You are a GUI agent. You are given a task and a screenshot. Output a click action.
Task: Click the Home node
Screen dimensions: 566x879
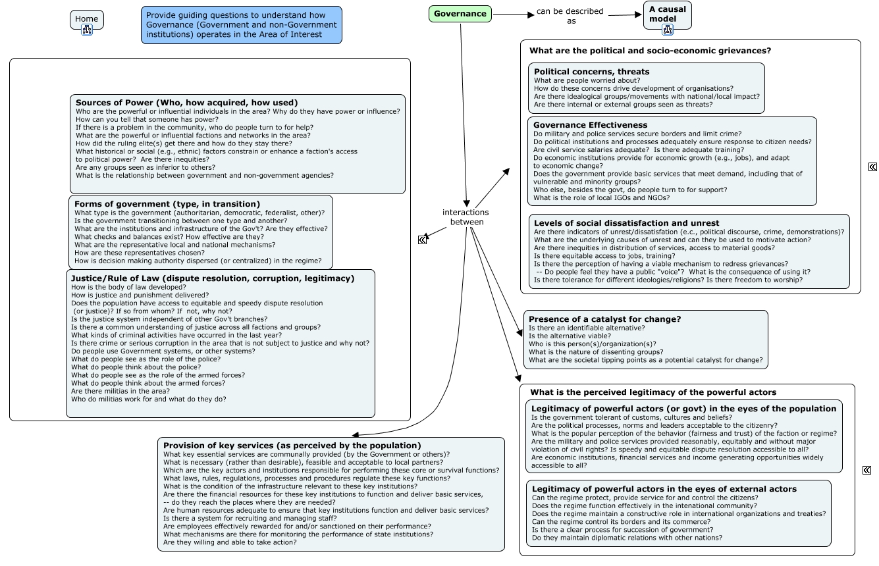[86, 19]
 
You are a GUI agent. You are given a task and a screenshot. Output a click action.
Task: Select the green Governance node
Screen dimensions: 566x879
[460, 13]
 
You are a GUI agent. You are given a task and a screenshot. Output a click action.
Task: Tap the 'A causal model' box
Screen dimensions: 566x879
[667, 14]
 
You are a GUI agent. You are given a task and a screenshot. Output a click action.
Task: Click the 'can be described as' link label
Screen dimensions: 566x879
[570, 16]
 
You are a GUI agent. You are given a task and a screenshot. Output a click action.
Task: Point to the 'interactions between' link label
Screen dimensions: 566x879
[466, 217]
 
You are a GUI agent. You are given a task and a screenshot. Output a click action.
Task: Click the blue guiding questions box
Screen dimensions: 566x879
[241, 25]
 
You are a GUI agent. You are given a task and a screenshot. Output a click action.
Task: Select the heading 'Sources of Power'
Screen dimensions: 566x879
[186, 103]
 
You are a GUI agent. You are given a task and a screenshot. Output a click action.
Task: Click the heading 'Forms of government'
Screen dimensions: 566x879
[167, 204]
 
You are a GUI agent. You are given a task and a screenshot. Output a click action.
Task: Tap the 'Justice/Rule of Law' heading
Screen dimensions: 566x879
[213, 278]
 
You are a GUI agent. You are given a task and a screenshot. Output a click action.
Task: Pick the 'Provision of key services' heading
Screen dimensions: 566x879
[292, 446]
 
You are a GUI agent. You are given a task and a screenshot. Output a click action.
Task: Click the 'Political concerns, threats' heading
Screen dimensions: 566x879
[591, 71]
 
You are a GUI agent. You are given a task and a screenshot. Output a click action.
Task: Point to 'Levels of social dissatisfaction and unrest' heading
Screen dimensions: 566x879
[626, 223]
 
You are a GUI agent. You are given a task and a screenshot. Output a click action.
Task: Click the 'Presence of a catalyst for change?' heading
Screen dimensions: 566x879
[604, 319]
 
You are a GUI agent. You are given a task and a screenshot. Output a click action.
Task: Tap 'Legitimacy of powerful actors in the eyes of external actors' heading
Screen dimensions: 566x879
[664, 489]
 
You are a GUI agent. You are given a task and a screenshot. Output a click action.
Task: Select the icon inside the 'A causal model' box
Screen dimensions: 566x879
[667, 29]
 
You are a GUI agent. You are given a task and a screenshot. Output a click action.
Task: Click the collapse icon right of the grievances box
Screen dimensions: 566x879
[872, 167]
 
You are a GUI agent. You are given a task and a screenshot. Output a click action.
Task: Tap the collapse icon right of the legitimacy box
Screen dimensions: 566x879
[866, 470]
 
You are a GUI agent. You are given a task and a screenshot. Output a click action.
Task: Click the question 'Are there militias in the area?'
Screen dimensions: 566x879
[120, 391]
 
